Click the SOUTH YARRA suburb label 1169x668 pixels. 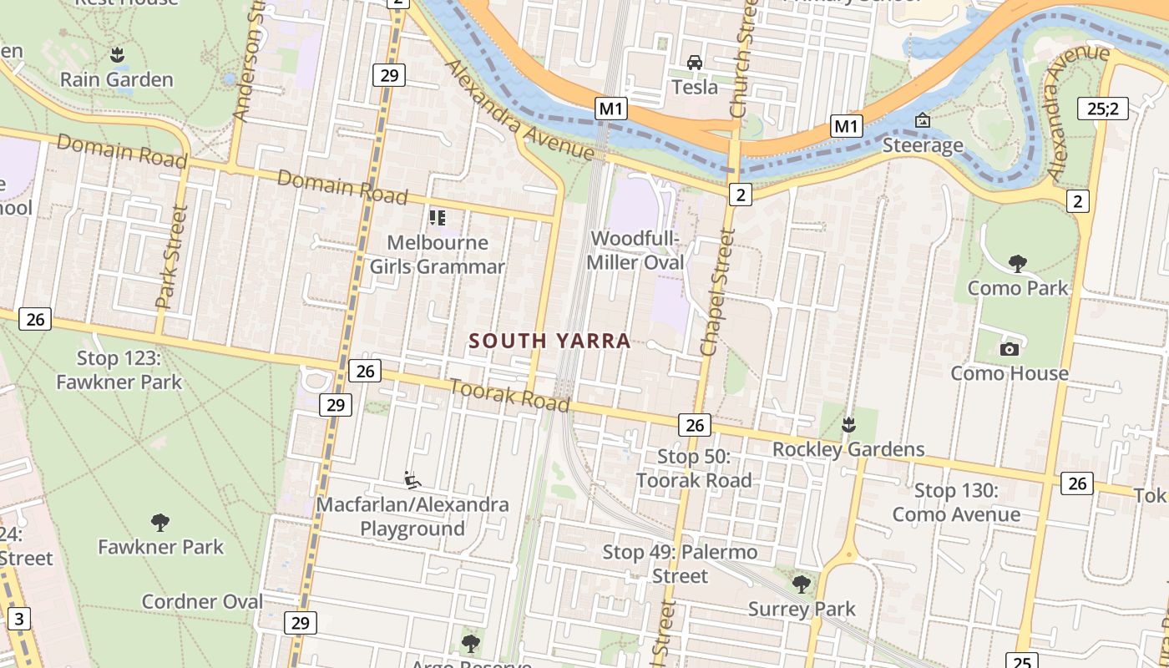[549, 341]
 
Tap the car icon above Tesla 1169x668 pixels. [695, 63]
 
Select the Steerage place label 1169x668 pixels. [923, 145]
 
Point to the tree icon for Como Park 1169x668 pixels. [1017, 264]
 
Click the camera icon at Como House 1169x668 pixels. [1009, 349]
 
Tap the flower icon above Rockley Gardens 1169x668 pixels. [848, 425]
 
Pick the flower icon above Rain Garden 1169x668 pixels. [117, 55]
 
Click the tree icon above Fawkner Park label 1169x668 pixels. [160, 523]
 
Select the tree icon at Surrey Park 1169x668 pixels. [801, 584]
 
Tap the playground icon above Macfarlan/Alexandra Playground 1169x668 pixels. [412, 479]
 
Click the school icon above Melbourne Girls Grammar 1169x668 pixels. [437, 218]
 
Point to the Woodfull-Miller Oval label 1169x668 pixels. [635, 250]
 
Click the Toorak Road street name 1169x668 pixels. [509, 395]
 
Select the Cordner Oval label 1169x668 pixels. [202, 601]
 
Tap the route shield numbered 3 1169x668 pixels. [19, 619]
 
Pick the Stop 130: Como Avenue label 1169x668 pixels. [956, 502]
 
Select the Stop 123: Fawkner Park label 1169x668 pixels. [119, 370]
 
